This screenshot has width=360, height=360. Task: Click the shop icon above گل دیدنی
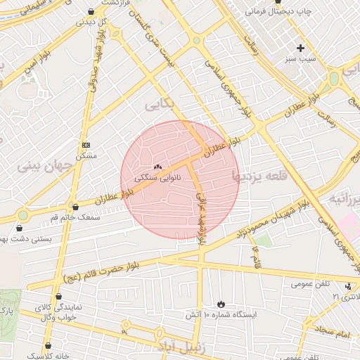91,12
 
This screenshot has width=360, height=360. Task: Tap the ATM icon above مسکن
86,145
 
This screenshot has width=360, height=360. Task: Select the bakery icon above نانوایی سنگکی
157,167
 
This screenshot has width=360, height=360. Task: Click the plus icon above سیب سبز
301,49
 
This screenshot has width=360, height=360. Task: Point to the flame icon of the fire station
222,304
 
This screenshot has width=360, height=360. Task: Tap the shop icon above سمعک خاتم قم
75,207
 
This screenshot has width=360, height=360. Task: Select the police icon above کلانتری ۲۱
349,286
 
